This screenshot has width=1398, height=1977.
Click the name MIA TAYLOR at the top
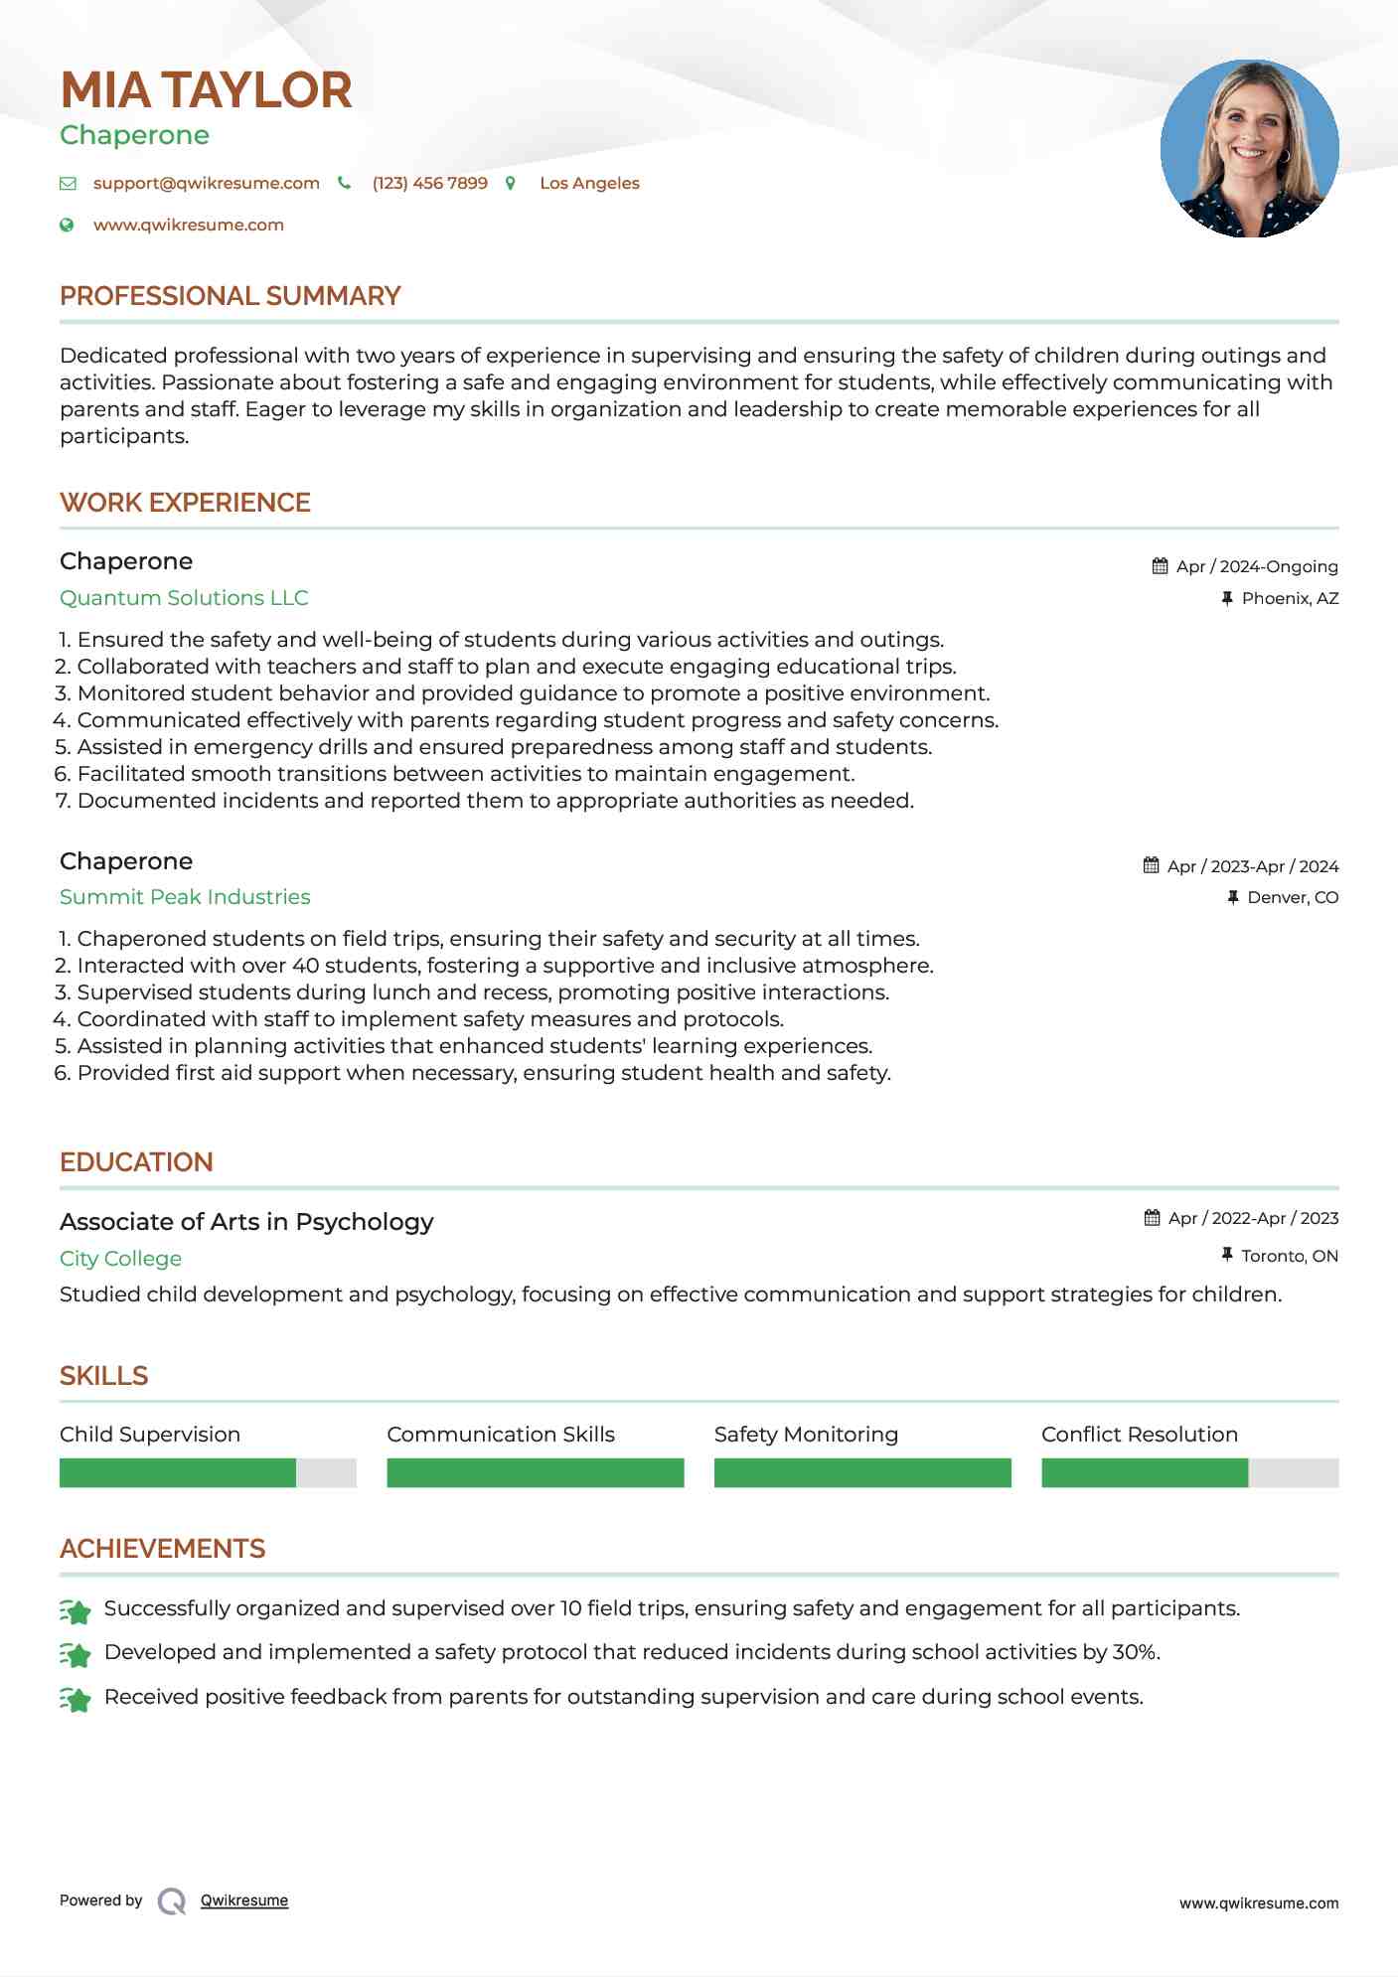(x=206, y=90)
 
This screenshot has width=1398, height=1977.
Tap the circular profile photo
(x=1249, y=149)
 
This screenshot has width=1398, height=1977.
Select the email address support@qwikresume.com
(x=206, y=183)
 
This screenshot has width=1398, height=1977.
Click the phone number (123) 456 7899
(x=429, y=183)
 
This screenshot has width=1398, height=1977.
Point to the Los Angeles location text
(x=589, y=183)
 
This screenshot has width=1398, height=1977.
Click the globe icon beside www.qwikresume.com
(x=67, y=226)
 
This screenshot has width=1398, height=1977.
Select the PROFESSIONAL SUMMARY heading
(x=230, y=296)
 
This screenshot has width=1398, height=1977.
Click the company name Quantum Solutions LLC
(x=184, y=598)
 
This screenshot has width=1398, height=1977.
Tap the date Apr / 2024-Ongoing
(x=1256, y=566)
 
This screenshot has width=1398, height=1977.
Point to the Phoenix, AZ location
(x=1290, y=598)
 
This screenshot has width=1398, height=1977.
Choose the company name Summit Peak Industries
(x=185, y=897)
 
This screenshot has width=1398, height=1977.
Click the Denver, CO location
(x=1292, y=897)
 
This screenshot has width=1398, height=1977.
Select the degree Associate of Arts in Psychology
(x=246, y=1222)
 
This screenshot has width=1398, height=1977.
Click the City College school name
(x=120, y=1259)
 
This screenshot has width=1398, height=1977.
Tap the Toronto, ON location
(x=1289, y=1256)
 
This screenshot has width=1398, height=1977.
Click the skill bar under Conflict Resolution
(x=1189, y=1472)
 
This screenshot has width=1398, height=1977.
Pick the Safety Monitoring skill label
(x=806, y=1435)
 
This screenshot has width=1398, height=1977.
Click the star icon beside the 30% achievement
(x=76, y=1654)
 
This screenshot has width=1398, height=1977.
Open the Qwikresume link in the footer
(x=244, y=1901)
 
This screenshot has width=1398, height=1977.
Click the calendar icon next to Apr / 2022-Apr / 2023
(x=1152, y=1218)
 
